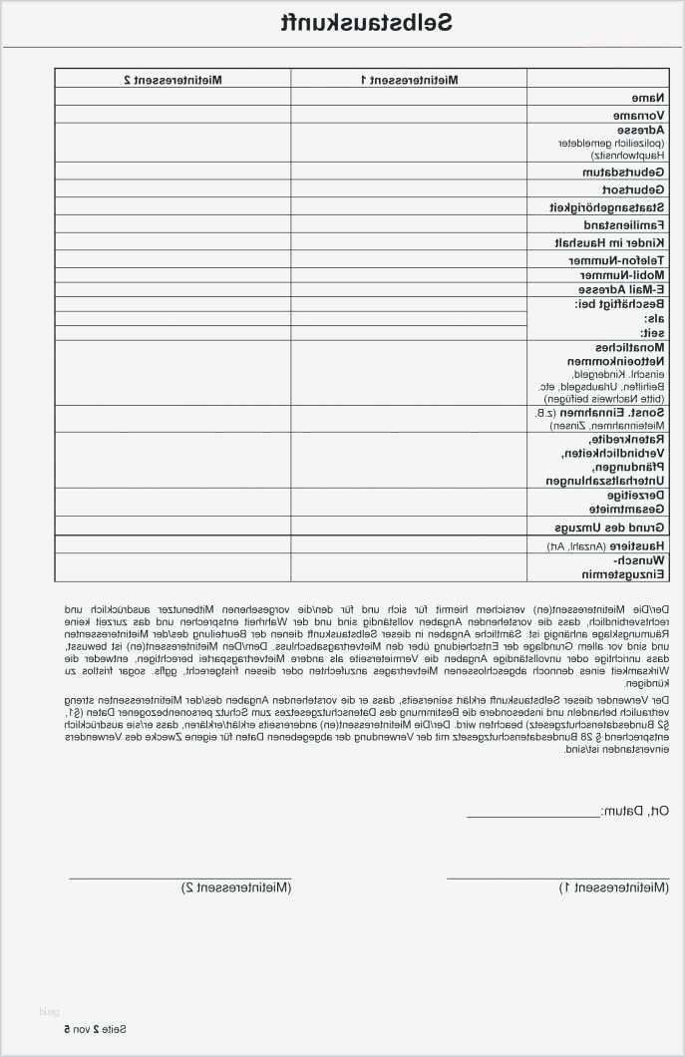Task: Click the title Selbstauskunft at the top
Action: click(x=367, y=22)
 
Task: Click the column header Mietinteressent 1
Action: click(x=409, y=78)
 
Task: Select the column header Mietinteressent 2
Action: click(x=172, y=78)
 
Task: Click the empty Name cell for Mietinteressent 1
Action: click(x=409, y=97)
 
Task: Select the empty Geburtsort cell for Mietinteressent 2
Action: click(x=172, y=189)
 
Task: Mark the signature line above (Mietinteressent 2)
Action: click(x=179, y=877)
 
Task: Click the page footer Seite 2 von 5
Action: click(x=96, y=1028)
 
